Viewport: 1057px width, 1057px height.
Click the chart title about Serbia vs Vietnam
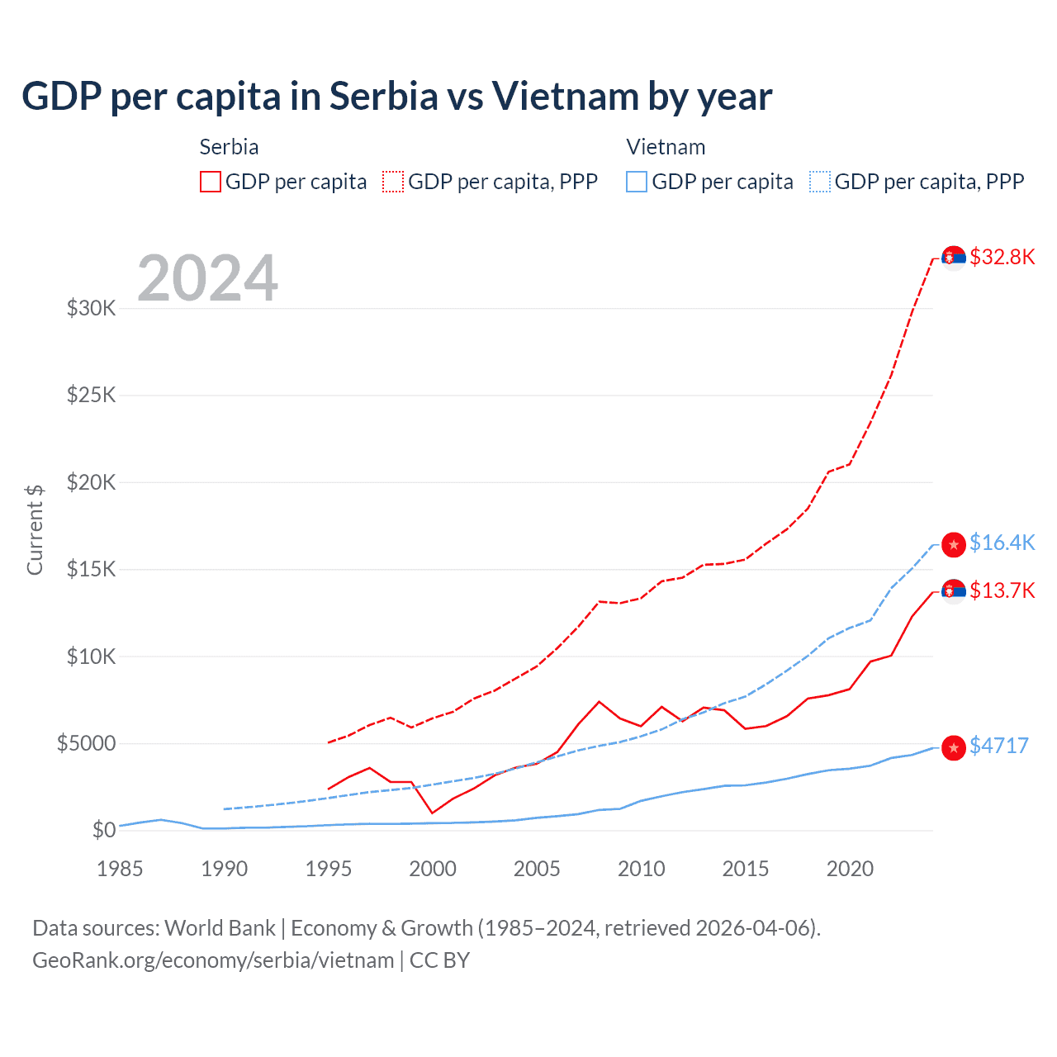tap(396, 96)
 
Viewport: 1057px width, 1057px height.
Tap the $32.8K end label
tap(1002, 257)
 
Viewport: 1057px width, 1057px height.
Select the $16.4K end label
tap(1002, 543)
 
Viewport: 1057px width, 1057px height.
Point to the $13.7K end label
tap(1002, 590)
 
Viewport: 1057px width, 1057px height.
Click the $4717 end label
tap(998, 746)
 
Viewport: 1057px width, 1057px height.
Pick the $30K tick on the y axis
tap(91, 309)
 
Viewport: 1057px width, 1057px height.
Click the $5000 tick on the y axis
tap(86, 743)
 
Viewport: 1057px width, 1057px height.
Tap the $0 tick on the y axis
tap(103, 830)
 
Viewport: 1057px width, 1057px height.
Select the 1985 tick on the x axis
tap(120, 869)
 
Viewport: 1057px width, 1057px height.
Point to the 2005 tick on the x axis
tap(537, 869)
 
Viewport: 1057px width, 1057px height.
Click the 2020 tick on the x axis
tap(850, 869)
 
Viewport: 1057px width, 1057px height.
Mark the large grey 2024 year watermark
tap(207, 277)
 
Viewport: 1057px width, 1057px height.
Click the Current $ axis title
tap(35, 529)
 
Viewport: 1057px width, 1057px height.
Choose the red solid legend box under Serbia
tap(211, 182)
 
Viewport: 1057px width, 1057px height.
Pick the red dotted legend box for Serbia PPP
tap(393, 182)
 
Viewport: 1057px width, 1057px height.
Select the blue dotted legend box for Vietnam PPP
tap(820, 182)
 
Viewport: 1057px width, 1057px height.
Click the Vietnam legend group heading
tap(666, 147)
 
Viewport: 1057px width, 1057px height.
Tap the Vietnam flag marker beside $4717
tap(954, 747)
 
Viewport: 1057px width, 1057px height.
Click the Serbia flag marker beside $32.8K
tap(954, 258)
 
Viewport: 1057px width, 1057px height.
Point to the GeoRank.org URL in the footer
tap(213, 960)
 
